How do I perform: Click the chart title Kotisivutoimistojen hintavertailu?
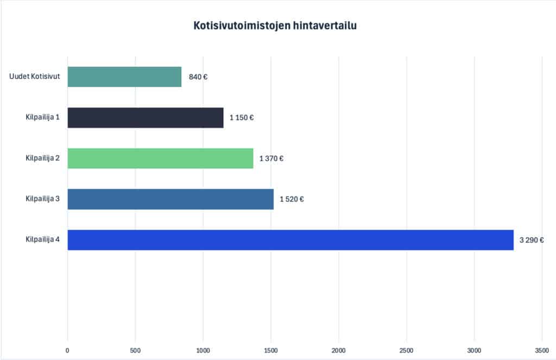(275, 26)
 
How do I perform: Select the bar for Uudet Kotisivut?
(124, 77)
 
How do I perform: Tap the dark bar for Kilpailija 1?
(146, 117)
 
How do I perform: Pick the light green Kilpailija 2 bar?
(160, 158)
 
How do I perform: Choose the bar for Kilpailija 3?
(170, 199)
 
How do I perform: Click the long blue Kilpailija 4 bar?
(290, 240)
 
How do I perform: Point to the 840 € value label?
(198, 77)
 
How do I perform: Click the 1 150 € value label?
(241, 118)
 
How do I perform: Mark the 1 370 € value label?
(271, 159)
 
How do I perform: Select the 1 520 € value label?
(292, 199)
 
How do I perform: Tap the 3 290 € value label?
(532, 240)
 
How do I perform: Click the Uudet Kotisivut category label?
(34, 77)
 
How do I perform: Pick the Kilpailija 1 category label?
(42, 117)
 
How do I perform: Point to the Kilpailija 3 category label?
(42, 199)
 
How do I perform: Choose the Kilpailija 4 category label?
(42, 239)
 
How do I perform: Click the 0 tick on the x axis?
(68, 350)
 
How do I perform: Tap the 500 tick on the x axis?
(135, 350)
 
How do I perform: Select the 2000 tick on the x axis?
(339, 350)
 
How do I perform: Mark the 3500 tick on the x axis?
(542, 350)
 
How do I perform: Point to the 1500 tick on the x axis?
(271, 350)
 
